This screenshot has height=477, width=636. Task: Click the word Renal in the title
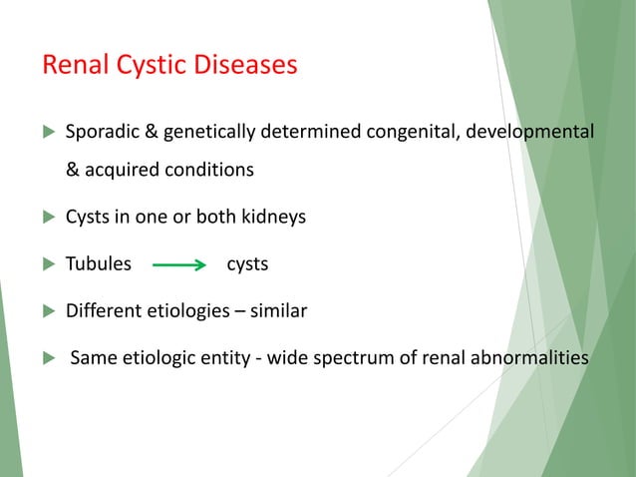(73, 67)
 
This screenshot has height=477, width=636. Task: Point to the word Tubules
(98, 265)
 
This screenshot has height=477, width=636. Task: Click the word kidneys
(269, 218)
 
